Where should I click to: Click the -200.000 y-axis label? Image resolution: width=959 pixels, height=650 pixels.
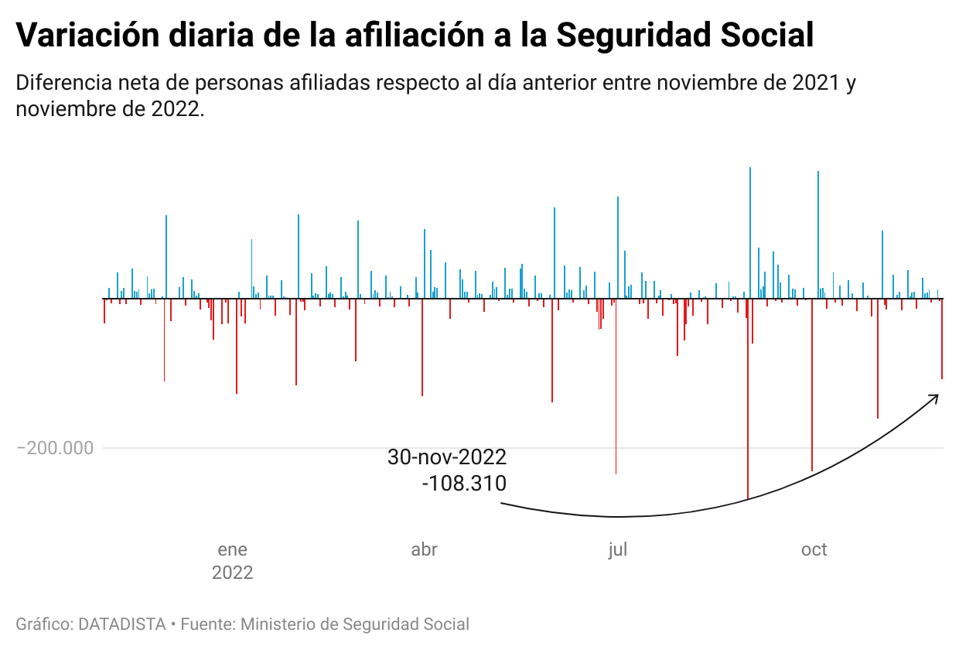tap(55, 448)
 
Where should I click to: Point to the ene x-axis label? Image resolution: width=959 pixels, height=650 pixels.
tap(232, 550)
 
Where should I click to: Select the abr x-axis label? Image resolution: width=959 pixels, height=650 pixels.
tap(424, 550)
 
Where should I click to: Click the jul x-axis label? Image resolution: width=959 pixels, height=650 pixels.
tap(617, 550)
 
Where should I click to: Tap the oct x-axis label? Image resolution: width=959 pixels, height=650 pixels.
tap(814, 550)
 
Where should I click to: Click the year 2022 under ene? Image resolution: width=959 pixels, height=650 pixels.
tap(232, 573)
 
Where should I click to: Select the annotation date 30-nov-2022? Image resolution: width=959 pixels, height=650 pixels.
tap(447, 457)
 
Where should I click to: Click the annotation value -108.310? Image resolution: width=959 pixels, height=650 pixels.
tap(464, 484)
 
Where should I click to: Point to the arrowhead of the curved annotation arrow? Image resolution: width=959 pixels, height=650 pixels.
tap(937, 396)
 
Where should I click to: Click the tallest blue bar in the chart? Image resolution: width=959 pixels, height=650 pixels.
tap(750, 232)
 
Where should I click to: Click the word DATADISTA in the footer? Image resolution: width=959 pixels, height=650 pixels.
tap(122, 624)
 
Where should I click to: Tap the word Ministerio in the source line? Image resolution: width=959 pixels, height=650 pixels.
tap(281, 624)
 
